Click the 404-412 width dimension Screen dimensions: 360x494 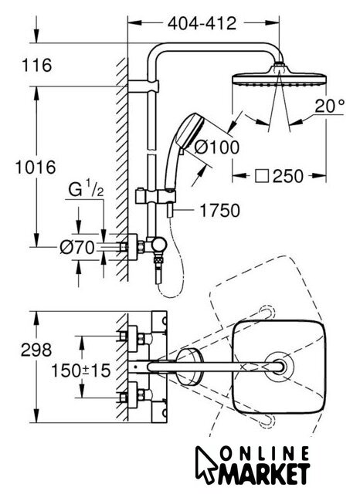[x=202, y=23]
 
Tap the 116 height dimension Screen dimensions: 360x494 [x=37, y=65]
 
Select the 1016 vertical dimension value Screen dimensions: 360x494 [x=36, y=167]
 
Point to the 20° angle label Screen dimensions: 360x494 [x=330, y=106]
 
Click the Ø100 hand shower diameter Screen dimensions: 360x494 [x=217, y=147]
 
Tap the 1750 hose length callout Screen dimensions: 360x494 [x=219, y=211]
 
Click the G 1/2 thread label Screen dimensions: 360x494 [x=86, y=191]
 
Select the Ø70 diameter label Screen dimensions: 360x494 [x=77, y=247]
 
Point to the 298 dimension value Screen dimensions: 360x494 [x=36, y=350]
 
